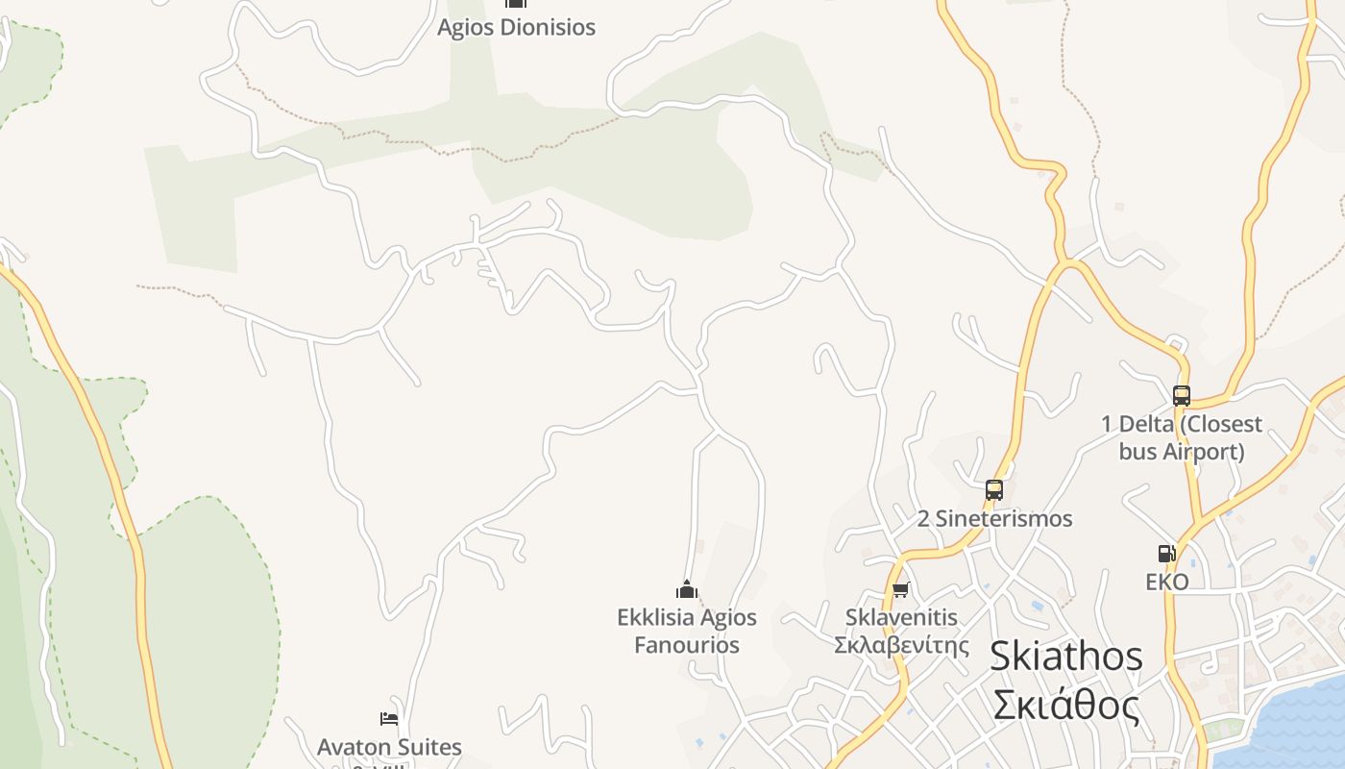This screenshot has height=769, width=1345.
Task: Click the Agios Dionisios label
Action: point(516,27)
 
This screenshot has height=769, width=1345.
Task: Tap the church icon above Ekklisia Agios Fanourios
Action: point(687,589)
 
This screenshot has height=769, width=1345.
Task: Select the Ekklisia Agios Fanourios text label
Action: point(687,631)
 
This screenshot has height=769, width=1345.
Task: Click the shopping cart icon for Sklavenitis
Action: point(900,589)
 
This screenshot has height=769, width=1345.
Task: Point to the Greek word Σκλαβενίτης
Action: point(901,644)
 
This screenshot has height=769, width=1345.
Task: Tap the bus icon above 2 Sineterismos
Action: point(994,490)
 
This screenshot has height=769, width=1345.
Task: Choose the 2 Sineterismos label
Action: point(994,519)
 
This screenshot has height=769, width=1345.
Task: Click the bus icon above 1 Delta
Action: point(1182,395)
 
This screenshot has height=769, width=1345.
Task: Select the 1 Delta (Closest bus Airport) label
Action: point(1182,437)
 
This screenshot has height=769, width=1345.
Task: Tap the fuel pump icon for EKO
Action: point(1167,554)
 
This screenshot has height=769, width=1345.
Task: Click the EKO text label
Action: point(1167,582)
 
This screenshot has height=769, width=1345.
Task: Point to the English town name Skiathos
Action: point(1066,657)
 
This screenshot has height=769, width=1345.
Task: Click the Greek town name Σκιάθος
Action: point(1066,707)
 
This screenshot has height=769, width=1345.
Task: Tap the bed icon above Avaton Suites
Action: point(389,718)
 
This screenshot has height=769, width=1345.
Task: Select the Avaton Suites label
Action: point(389,747)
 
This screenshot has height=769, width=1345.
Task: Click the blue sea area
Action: point(1287,731)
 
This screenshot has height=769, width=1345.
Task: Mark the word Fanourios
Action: point(687,645)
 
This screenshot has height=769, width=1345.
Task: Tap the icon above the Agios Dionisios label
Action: point(516,3)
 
